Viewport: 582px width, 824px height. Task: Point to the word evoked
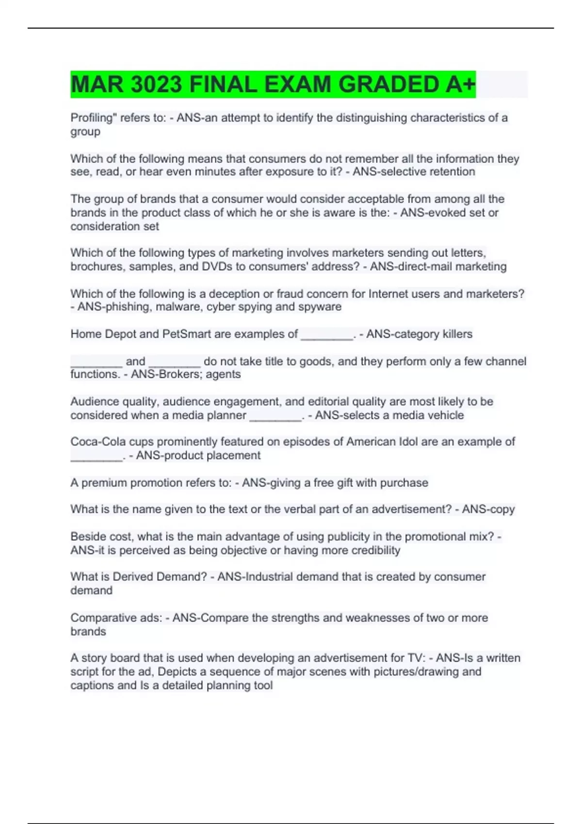442,213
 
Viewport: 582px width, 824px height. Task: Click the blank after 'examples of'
327,334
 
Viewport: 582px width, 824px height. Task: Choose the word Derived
133,577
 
